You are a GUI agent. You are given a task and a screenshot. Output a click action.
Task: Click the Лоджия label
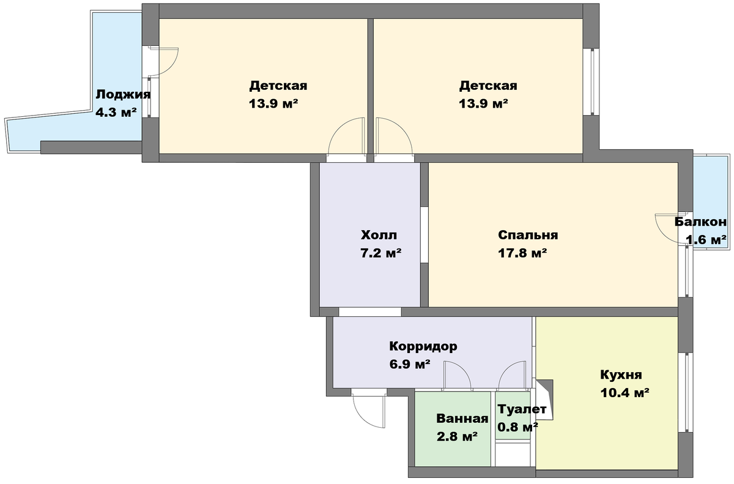point(123,95)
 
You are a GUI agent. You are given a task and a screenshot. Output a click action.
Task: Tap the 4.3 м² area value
point(116,113)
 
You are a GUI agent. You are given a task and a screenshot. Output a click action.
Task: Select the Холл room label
point(379,235)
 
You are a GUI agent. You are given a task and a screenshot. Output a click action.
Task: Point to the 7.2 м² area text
point(381,253)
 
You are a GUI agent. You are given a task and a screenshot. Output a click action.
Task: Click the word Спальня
point(528,235)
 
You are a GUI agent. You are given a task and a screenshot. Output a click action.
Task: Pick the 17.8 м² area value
point(522,253)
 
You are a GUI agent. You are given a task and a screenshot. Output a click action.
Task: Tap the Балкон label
point(700,222)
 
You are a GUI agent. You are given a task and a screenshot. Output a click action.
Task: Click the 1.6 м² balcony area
point(706,240)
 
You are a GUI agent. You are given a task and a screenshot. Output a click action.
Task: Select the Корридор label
point(423,346)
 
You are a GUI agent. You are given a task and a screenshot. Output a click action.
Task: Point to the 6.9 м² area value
point(410,364)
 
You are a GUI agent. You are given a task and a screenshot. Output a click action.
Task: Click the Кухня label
point(621,374)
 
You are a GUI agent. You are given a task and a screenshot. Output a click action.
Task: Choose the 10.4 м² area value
point(625,392)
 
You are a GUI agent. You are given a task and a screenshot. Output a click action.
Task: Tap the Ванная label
point(462,419)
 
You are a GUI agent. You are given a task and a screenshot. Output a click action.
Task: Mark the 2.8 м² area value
point(457,436)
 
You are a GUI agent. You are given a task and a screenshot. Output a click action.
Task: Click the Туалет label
point(522,409)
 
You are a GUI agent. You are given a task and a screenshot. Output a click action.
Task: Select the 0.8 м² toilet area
point(517,427)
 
